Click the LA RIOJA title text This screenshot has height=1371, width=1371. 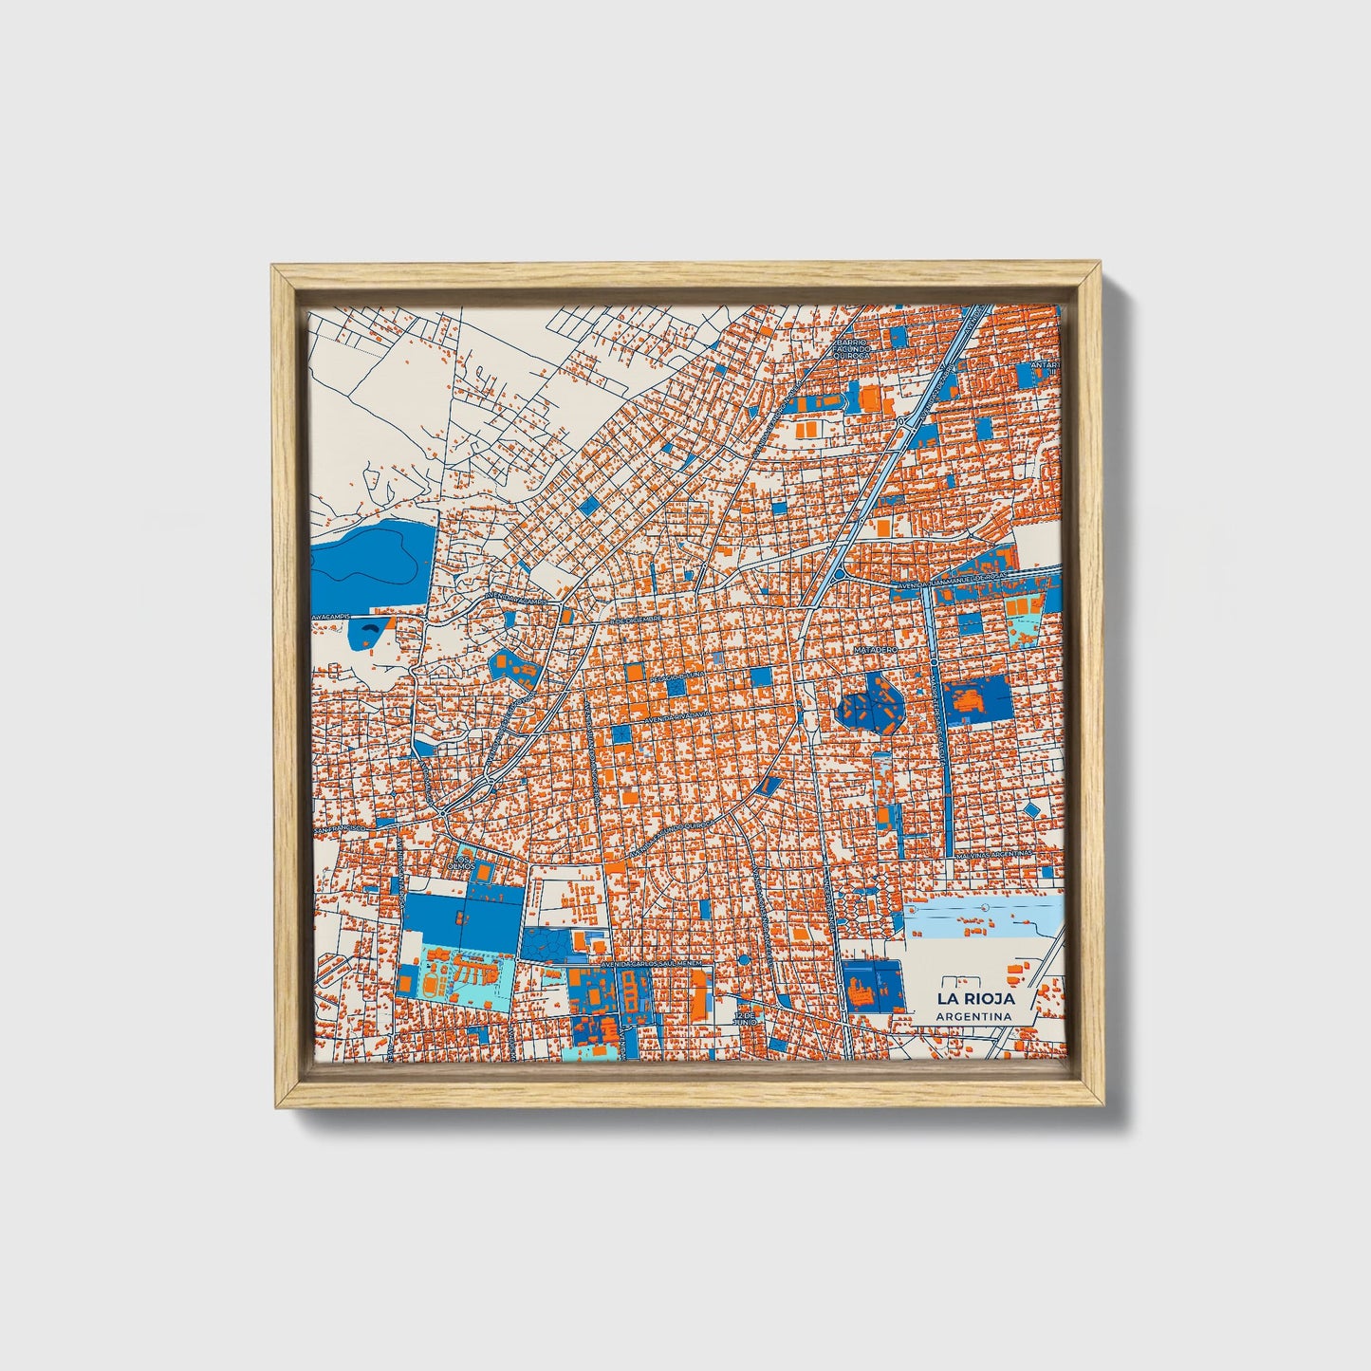tap(975, 998)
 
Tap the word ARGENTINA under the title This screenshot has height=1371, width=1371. tap(973, 1016)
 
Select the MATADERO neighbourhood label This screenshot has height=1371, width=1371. tap(875, 650)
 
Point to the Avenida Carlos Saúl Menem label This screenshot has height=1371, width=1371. tap(654, 962)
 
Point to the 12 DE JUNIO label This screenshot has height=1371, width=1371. tap(747, 1018)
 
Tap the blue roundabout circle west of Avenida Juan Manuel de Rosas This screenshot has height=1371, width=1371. tap(839, 574)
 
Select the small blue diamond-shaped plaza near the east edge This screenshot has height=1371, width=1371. tap(1031, 808)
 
